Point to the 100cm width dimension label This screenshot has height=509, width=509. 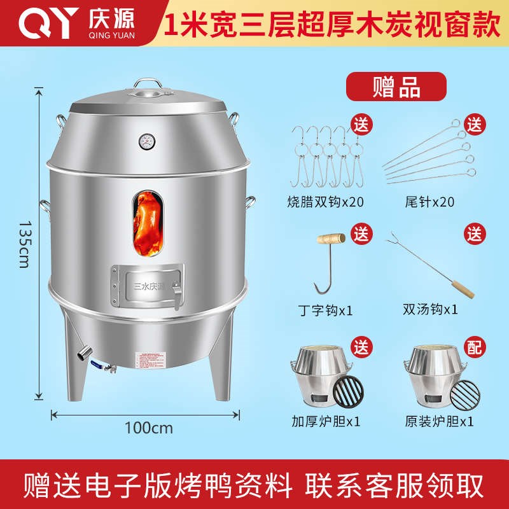tap(148, 428)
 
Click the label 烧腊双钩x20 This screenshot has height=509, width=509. tap(319, 202)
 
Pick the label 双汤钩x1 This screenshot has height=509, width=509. tap(430, 310)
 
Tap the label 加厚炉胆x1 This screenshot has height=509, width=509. tap(319, 421)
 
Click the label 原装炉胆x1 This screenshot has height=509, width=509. tap(438, 421)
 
